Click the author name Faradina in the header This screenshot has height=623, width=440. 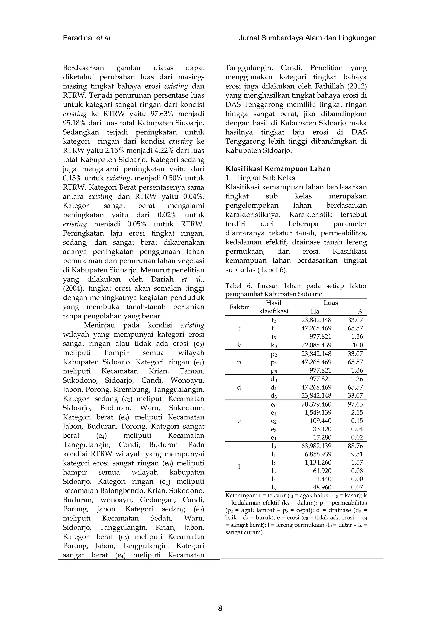tap(78, 38)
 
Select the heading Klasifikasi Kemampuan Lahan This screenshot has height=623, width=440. tap(278, 169)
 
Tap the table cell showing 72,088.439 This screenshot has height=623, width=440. tap(316, 345)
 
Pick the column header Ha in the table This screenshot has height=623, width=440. tap(315, 311)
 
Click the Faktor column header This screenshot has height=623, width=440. tap(239, 307)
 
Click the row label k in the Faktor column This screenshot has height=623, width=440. tap(239, 345)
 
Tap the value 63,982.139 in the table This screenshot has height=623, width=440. tap(316, 446)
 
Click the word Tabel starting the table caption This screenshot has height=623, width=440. tap(233, 286)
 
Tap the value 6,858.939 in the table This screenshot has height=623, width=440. tap(318, 454)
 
